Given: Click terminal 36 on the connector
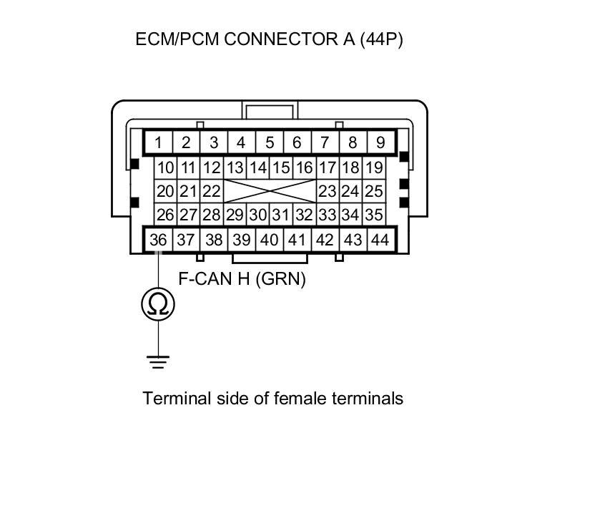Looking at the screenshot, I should (158, 240).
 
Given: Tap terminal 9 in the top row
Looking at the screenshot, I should (380, 142).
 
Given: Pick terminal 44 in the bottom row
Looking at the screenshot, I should (380, 240).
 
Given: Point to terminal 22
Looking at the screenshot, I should (211, 192).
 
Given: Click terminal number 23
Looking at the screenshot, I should (328, 192).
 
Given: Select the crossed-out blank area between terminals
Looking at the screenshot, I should (270, 192).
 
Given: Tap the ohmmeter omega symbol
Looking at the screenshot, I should (158, 304).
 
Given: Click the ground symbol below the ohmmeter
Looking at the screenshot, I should (158, 361).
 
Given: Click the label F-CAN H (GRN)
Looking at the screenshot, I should (242, 279).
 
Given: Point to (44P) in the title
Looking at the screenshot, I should (382, 39).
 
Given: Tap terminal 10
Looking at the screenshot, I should (165, 169).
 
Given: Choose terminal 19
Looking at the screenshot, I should (373, 169).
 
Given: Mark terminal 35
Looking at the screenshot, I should (373, 215).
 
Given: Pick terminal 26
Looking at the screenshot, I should (165, 215).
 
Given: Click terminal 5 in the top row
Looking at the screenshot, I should (270, 142).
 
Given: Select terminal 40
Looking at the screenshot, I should (270, 240).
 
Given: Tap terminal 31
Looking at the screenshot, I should (280, 215).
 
